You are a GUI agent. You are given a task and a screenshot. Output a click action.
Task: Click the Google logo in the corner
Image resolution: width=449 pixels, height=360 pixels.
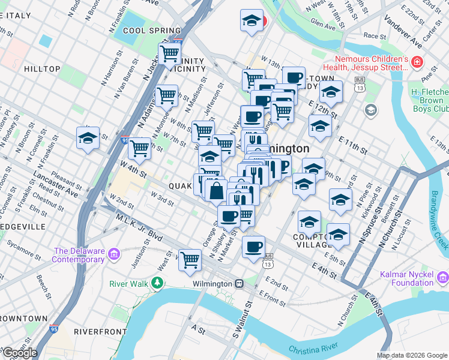tap(20, 353)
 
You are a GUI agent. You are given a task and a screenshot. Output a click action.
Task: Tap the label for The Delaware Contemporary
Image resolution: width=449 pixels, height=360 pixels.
tap(79, 255)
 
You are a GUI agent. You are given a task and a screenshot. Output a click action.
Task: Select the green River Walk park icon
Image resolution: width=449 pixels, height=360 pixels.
tap(157, 282)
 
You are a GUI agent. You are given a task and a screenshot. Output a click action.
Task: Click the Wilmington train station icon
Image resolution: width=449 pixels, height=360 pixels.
tap(239, 283)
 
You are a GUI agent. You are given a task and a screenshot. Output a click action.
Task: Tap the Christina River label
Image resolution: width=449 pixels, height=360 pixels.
tap(314, 349)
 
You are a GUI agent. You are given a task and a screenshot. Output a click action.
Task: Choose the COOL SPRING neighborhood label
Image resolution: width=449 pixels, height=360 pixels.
tap(151, 31)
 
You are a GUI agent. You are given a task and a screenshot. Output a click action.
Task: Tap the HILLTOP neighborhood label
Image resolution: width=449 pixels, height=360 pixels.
tap(42, 69)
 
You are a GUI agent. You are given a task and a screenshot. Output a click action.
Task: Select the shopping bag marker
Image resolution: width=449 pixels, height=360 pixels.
tap(216, 191)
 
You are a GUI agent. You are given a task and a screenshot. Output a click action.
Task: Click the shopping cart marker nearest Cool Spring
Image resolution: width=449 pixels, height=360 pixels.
tap(170, 53)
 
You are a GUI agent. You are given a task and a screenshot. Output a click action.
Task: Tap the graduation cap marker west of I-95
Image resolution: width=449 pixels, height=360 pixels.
tap(88, 138)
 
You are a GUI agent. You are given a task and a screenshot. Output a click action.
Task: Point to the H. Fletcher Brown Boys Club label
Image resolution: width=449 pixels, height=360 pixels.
tap(430, 100)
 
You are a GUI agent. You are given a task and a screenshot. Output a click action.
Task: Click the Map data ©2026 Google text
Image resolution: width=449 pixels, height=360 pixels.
tap(411, 355)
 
